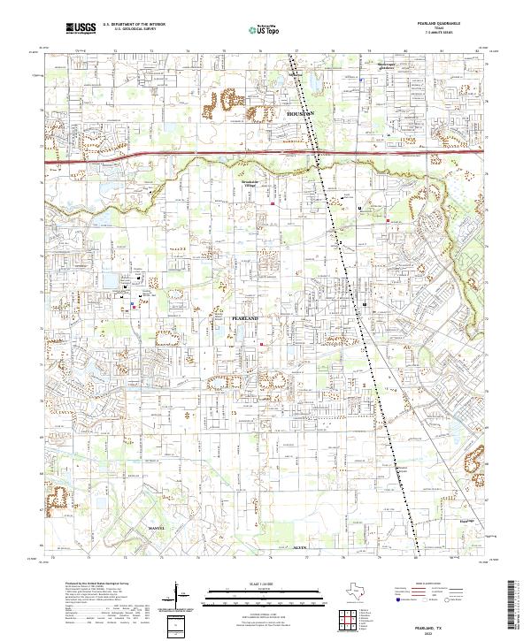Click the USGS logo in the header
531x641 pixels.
click(81, 29)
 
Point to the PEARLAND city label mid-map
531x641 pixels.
click(244, 317)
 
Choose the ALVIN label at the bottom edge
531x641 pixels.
click(299, 549)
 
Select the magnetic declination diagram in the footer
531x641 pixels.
click(178, 593)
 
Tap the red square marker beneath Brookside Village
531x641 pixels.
click(273, 205)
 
